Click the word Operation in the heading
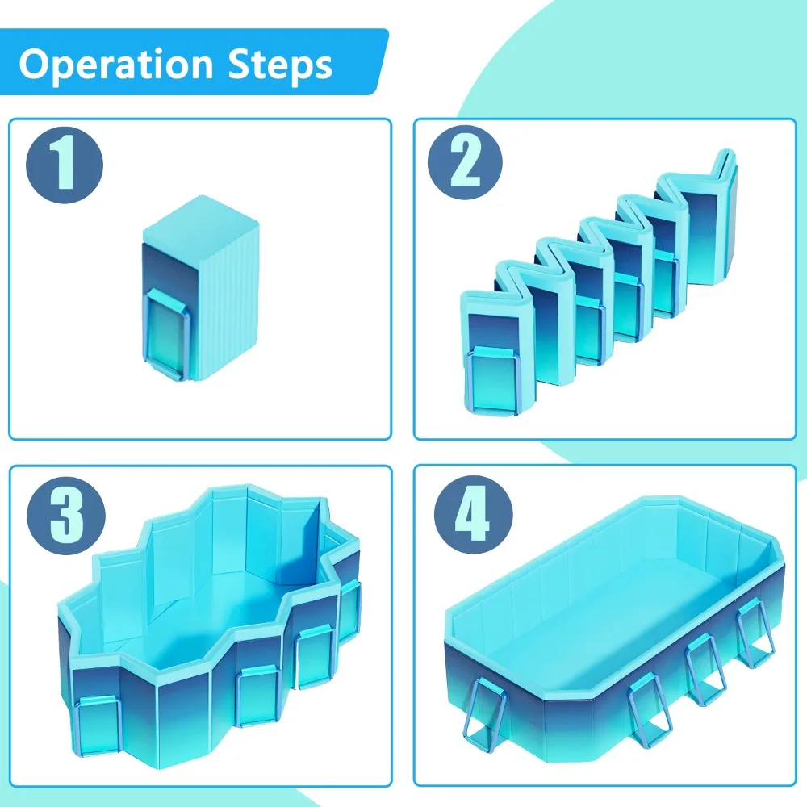116,65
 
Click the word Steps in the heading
281,65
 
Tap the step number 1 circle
65,165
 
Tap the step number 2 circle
466,163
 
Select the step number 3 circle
66,515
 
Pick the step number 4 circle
474,515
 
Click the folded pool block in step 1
200,288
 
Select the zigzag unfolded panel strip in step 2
597,281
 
